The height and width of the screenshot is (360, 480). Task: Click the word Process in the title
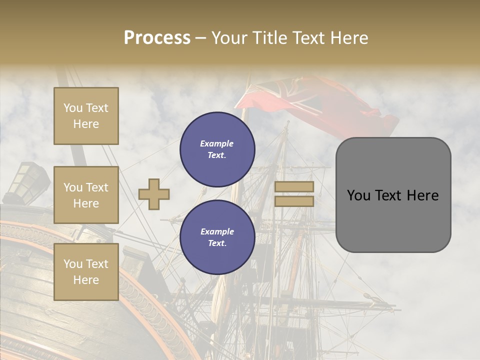157,38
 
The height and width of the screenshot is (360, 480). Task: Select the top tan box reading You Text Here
86,116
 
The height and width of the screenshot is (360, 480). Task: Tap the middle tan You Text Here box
86,195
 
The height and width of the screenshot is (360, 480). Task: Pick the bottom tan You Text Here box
86,272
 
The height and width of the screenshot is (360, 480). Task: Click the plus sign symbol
154,194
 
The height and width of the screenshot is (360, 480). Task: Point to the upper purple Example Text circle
217,149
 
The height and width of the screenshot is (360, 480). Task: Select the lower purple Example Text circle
217,237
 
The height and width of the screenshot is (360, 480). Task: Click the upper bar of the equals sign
294,186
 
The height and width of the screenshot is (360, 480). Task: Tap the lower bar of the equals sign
294,201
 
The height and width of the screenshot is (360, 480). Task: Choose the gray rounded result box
393,195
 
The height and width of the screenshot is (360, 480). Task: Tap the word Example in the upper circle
217,143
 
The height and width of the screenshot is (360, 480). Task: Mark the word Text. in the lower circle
217,243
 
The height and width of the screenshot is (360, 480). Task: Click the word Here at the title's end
350,38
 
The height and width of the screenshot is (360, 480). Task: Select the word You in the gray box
359,195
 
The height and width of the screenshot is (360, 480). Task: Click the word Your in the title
229,38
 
